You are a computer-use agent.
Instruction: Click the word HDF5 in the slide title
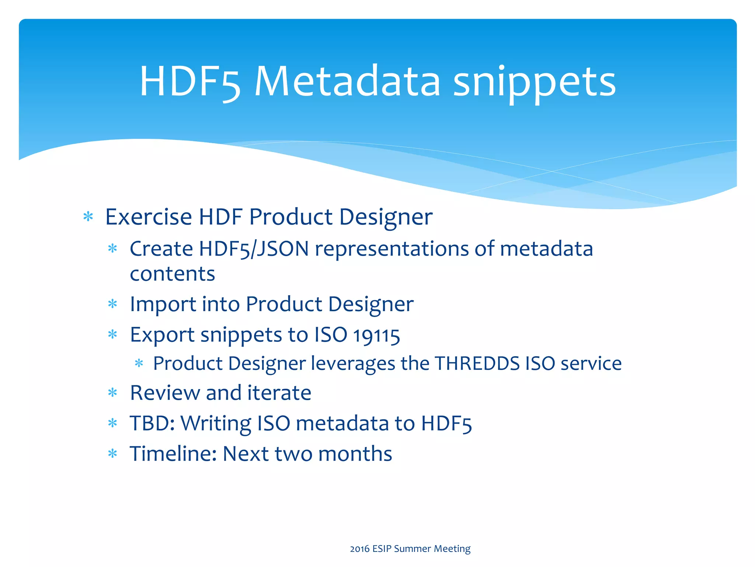click(x=190, y=82)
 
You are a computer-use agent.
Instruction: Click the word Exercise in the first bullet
click(x=148, y=217)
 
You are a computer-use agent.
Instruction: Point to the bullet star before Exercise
click(x=88, y=217)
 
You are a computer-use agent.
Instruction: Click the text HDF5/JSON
click(x=254, y=249)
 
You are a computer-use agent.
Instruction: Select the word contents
click(x=172, y=274)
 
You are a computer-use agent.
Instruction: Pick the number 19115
click(x=376, y=336)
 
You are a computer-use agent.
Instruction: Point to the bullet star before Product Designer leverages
click(x=139, y=364)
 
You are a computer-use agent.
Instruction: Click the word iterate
click(x=279, y=393)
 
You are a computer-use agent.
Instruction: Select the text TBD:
click(x=152, y=423)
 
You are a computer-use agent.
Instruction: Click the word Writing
click(x=216, y=424)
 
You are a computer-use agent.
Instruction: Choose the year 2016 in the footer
click(x=359, y=549)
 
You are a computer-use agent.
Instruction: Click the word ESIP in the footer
click(x=382, y=549)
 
